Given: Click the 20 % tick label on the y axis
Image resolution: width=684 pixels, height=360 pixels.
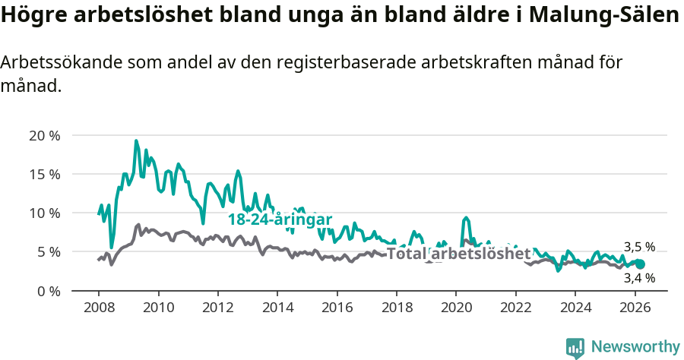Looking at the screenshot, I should pyautogui.click(x=44, y=136).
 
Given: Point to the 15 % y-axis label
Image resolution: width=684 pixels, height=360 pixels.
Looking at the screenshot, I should pyautogui.click(x=44, y=175).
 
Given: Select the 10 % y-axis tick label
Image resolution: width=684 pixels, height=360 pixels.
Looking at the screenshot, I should pyautogui.click(x=44, y=213).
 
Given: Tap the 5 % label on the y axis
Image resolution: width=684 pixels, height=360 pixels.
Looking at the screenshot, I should pyautogui.click(x=48, y=252).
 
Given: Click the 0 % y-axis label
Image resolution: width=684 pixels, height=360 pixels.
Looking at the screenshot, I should pyautogui.click(x=48, y=291).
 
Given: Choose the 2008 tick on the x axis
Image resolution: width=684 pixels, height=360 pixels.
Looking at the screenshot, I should pyautogui.click(x=99, y=308).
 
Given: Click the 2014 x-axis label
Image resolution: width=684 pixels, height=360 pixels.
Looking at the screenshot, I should pyautogui.click(x=277, y=308).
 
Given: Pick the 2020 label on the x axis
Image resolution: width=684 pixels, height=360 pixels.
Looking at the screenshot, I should pyautogui.click(x=456, y=308).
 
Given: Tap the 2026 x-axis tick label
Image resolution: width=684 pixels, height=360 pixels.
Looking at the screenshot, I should pyautogui.click(x=635, y=308).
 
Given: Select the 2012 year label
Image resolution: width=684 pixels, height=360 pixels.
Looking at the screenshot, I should pyautogui.click(x=218, y=308).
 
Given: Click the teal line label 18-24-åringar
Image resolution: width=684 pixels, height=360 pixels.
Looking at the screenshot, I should pyautogui.click(x=280, y=219).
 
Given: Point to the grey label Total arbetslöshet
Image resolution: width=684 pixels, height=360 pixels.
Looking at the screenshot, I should pyautogui.click(x=458, y=254).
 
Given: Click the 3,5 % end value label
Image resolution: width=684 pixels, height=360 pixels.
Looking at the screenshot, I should pyautogui.click(x=639, y=247).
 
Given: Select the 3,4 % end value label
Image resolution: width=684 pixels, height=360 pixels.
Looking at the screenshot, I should pyautogui.click(x=639, y=278).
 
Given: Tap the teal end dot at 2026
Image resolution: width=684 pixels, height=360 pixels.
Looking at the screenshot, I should pyautogui.click(x=640, y=264).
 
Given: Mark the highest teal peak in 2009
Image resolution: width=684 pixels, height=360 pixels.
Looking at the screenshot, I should pyautogui.click(x=136, y=141).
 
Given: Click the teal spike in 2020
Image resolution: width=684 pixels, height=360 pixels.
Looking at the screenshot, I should pyautogui.click(x=466, y=217).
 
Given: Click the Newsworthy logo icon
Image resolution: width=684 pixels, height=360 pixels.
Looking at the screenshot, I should pyautogui.click(x=575, y=347).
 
